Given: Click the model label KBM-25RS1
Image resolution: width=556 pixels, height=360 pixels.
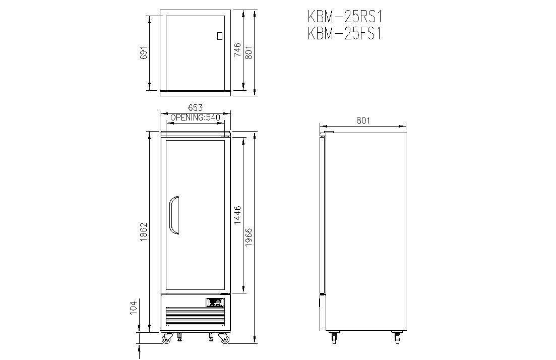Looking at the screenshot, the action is click(345, 17).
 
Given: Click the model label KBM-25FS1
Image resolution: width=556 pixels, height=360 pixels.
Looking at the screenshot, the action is click(344, 34).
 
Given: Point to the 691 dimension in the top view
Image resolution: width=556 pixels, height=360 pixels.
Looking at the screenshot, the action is click(144, 52).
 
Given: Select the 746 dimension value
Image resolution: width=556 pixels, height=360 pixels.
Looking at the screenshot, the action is click(237, 50).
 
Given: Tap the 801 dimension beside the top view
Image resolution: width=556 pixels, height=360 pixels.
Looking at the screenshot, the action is click(249, 52).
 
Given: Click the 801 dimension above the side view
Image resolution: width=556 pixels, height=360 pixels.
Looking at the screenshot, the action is click(363, 121).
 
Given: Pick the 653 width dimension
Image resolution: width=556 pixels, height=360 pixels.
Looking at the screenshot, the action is click(196, 107).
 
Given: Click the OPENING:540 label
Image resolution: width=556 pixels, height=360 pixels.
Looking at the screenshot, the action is click(196, 117).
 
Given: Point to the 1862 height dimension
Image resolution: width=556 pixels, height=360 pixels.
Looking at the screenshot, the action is click(144, 232).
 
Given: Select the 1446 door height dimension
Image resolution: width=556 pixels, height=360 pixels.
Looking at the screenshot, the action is click(237, 214).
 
